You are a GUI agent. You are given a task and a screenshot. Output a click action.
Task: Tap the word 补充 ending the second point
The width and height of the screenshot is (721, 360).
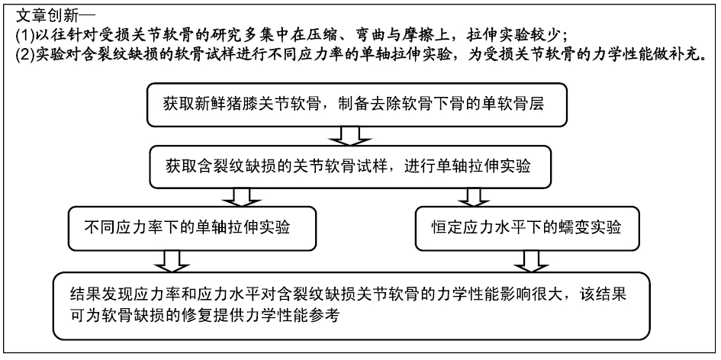click(682, 55)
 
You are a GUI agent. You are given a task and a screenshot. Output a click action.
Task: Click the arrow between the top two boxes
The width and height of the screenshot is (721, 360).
click(351, 135)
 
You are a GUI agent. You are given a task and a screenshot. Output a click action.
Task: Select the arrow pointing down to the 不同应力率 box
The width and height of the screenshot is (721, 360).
click(242, 198)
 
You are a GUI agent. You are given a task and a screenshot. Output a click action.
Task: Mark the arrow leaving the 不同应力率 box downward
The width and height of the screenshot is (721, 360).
click(172, 261)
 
